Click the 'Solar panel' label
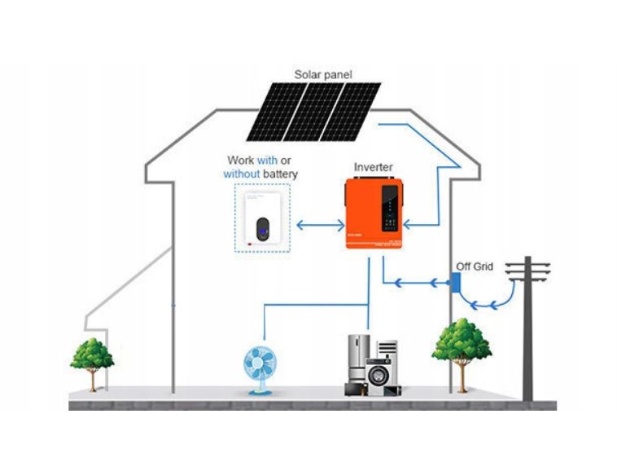pos(324,74)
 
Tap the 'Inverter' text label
pos(373,167)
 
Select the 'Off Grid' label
pos(475,266)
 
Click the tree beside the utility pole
pos(462,346)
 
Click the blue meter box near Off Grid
pos(457,283)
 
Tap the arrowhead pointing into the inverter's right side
pos(410,222)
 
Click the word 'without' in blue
pos(242,174)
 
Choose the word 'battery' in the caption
pos(281,174)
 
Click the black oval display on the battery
pos(262,229)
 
